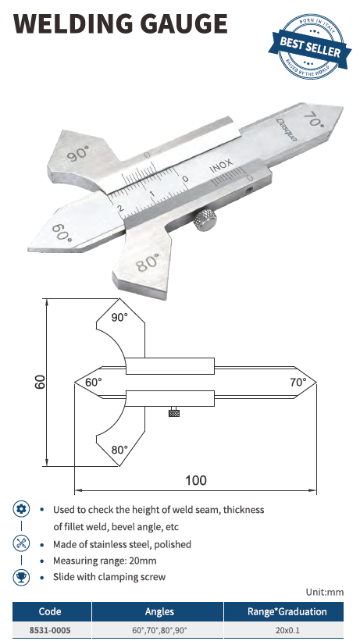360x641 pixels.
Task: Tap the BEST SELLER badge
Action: point(310,46)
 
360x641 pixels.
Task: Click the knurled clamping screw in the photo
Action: point(205,220)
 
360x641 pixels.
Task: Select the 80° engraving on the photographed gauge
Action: point(148,262)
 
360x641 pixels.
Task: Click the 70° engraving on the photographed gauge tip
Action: point(314,119)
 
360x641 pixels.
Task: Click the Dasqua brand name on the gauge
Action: point(287,130)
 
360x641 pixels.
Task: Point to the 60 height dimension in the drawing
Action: point(40,382)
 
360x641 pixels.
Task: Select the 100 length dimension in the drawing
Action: point(196,480)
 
